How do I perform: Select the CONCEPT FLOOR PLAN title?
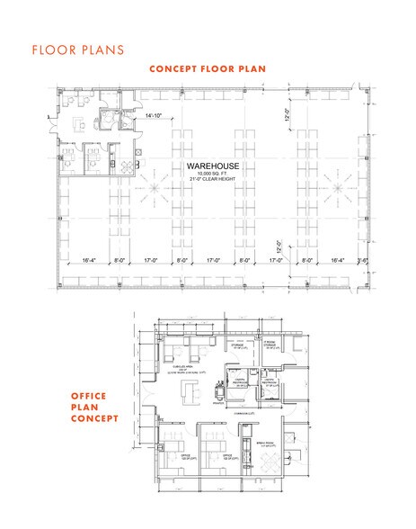click(x=208, y=68)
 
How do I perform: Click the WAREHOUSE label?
click(x=208, y=167)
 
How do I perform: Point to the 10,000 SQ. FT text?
click(x=208, y=175)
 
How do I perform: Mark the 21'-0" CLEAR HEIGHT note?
click(x=208, y=181)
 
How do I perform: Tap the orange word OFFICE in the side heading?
click(x=90, y=395)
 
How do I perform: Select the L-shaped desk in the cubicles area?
click(x=190, y=392)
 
